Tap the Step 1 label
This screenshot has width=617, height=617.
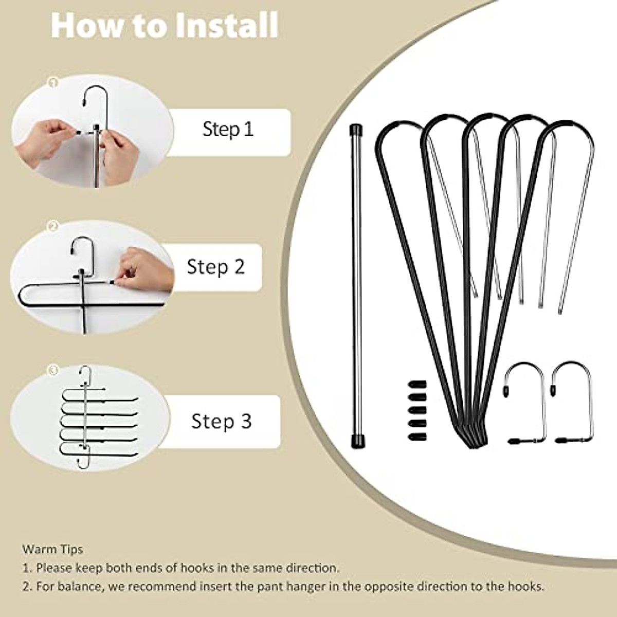(x=228, y=129)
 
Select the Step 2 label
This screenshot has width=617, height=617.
(x=216, y=266)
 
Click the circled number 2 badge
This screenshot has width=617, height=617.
(x=53, y=226)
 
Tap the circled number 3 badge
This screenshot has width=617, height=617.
(x=53, y=370)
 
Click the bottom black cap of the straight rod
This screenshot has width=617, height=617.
(x=357, y=441)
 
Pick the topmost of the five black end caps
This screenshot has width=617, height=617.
(x=417, y=384)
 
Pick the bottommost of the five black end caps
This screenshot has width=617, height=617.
(x=417, y=437)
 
